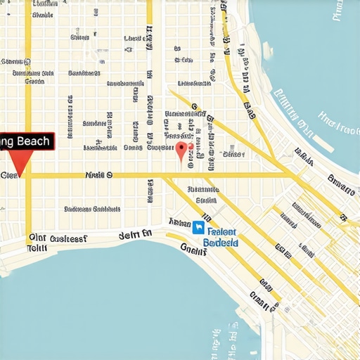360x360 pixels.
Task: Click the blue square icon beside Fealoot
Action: pyautogui.click(x=199, y=229)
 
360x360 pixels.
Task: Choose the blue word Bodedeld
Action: pyautogui.click(x=220, y=243)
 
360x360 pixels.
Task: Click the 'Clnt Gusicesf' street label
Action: pyautogui.click(x=58, y=238)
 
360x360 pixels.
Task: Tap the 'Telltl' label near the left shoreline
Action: pyautogui.click(x=37, y=248)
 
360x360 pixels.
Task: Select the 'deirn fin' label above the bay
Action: pyautogui.click(x=135, y=234)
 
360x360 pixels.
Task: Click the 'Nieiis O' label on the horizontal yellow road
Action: pyautogui.click(x=98, y=174)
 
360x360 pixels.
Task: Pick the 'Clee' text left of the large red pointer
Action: pyautogui.click(x=9, y=174)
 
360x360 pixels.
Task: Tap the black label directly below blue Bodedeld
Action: pyautogui.click(x=194, y=247)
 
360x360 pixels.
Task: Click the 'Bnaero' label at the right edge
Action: pyautogui.click(x=342, y=184)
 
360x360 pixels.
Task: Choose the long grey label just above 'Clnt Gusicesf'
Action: pyautogui.click(x=91, y=209)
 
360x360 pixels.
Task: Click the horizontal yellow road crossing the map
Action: pyautogui.click(x=155, y=175)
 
